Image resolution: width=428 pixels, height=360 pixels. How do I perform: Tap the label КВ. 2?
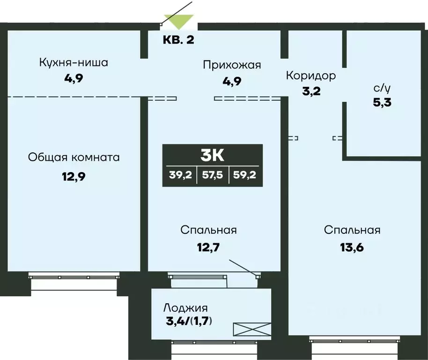tap(178, 39)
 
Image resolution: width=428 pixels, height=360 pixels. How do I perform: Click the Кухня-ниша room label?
tap(74, 62)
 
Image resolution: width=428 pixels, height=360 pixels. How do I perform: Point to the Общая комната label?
tap(74, 157)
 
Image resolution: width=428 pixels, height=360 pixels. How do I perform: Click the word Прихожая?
tap(231, 65)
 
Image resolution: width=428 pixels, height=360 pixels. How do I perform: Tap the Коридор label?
tap(311, 75)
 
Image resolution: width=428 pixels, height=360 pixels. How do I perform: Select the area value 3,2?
tap(311, 91)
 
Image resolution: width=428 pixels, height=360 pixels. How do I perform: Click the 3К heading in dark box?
tap(213, 154)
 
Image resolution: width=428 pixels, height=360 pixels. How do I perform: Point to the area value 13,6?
tap(352, 247)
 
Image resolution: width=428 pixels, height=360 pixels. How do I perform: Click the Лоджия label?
tap(185, 308)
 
